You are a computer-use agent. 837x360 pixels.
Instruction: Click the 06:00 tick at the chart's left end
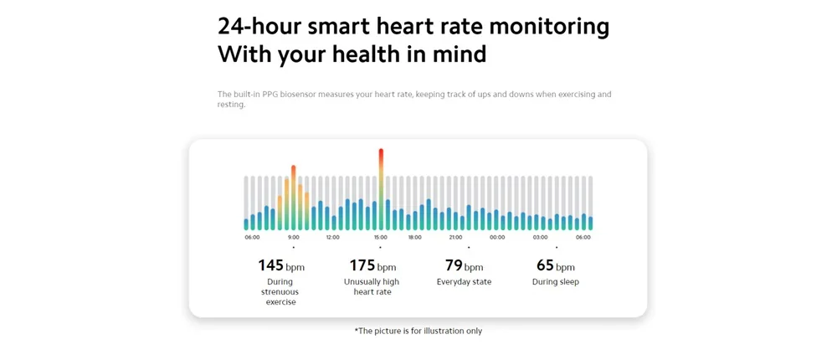point(252,237)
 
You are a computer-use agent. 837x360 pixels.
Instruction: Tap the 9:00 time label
point(293,237)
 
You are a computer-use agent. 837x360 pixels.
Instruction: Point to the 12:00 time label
point(332,237)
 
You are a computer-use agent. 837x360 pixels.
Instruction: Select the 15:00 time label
point(381,237)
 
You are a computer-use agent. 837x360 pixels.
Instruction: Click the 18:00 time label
point(414,237)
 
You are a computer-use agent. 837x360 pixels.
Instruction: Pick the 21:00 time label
point(455,237)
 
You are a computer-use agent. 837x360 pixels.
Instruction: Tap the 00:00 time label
point(497,237)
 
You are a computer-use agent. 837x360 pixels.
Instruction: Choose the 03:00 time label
point(540,237)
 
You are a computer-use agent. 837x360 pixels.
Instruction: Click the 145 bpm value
point(280,266)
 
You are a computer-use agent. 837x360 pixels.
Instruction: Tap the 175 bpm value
point(372,266)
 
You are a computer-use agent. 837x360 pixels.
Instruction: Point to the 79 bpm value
point(464,266)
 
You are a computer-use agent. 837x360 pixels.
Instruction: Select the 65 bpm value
point(555,266)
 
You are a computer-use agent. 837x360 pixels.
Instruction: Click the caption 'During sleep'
point(555,282)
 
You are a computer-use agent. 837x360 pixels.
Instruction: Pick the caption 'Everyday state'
point(464,282)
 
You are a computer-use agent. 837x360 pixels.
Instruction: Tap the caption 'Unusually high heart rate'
point(372,287)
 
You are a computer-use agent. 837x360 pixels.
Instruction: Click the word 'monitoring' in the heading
point(549,26)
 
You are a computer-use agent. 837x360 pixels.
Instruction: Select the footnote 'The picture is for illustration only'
point(418,331)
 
